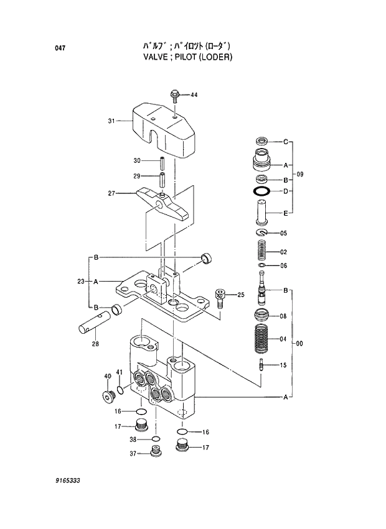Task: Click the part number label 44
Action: [x=194, y=95]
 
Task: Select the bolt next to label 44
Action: [x=175, y=96]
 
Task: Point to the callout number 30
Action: [x=137, y=161]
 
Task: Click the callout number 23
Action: [x=80, y=282]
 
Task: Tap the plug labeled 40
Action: [x=109, y=395]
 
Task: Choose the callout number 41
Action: [x=119, y=373]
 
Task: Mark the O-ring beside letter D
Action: [x=261, y=191]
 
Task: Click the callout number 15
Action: [x=283, y=366]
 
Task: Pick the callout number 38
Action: [x=133, y=439]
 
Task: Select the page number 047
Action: [x=60, y=48]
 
